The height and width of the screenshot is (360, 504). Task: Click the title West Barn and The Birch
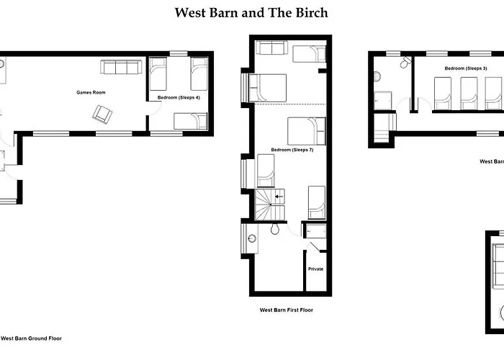coord(252,12)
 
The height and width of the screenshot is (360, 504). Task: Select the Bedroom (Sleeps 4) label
coord(179,96)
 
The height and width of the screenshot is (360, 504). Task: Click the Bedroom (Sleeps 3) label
coord(465,68)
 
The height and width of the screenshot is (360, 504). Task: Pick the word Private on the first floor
coord(315,269)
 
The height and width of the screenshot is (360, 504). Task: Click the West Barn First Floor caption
coord(286,310)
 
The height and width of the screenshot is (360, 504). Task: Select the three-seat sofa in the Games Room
coord(121,68)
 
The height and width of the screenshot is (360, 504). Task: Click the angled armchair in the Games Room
coord(102,113)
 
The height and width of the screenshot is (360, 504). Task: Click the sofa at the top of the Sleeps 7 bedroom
coord(271,49)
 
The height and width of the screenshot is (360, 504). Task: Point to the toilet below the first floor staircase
coord(275,230)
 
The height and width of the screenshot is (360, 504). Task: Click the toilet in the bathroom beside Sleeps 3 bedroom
coord(406,63)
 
